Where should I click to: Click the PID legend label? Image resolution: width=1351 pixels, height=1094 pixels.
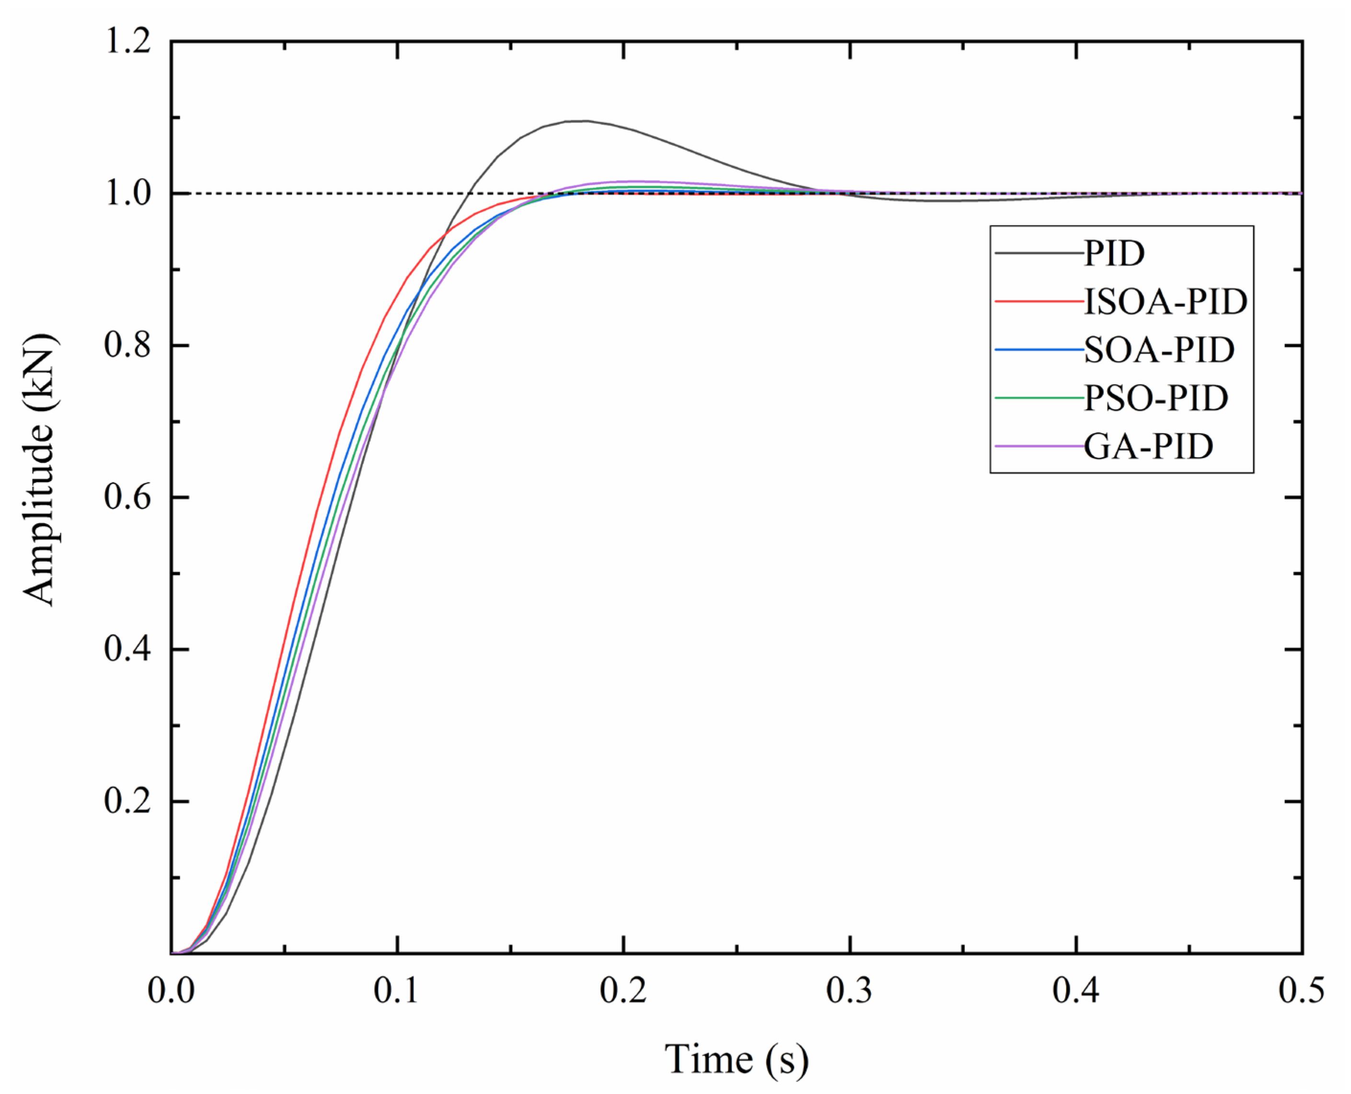point(1113,253)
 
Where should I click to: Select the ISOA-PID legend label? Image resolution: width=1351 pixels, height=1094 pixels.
point(1165,302)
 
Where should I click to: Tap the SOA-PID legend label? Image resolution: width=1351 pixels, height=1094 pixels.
point(1159,350)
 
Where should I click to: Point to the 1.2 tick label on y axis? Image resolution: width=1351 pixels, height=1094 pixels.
point(127,42)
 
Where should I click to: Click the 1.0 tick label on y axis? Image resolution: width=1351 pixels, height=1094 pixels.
point(127,194)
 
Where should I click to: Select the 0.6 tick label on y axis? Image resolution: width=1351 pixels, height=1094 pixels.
point(127,497)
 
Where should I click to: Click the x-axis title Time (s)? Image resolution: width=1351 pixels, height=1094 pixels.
point(736,1059)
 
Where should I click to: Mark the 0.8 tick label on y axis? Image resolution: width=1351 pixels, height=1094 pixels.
point(127,345)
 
